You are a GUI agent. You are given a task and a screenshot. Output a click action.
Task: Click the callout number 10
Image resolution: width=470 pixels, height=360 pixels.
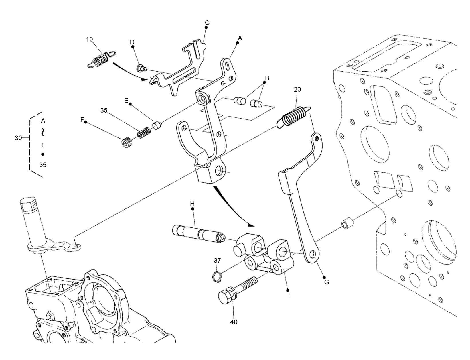[x=89, y=39]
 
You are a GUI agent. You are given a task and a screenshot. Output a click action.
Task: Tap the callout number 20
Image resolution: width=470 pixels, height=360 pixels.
[x=297, y=89]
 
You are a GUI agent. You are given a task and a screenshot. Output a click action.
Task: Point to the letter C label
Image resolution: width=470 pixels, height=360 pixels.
[x=207, y=23]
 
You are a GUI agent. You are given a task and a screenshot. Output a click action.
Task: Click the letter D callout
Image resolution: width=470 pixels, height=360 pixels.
[x=132, y=42]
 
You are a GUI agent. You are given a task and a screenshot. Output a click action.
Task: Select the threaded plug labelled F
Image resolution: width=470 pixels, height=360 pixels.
[x=127, y=142]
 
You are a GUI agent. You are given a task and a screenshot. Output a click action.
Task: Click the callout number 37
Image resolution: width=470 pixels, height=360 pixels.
[x=217, y=260]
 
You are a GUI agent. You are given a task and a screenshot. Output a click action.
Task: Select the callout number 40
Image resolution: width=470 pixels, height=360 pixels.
[x=234, y=322]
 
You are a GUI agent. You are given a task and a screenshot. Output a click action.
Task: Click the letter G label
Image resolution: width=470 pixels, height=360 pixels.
[x=326, y=282]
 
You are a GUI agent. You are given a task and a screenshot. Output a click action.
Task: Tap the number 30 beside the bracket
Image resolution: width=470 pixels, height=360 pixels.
[x=18, y=138]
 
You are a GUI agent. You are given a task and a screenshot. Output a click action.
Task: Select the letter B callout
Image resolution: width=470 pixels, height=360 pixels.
[x=267, y=78]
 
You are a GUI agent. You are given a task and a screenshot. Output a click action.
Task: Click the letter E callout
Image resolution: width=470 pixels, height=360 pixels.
[x=126, y=101]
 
